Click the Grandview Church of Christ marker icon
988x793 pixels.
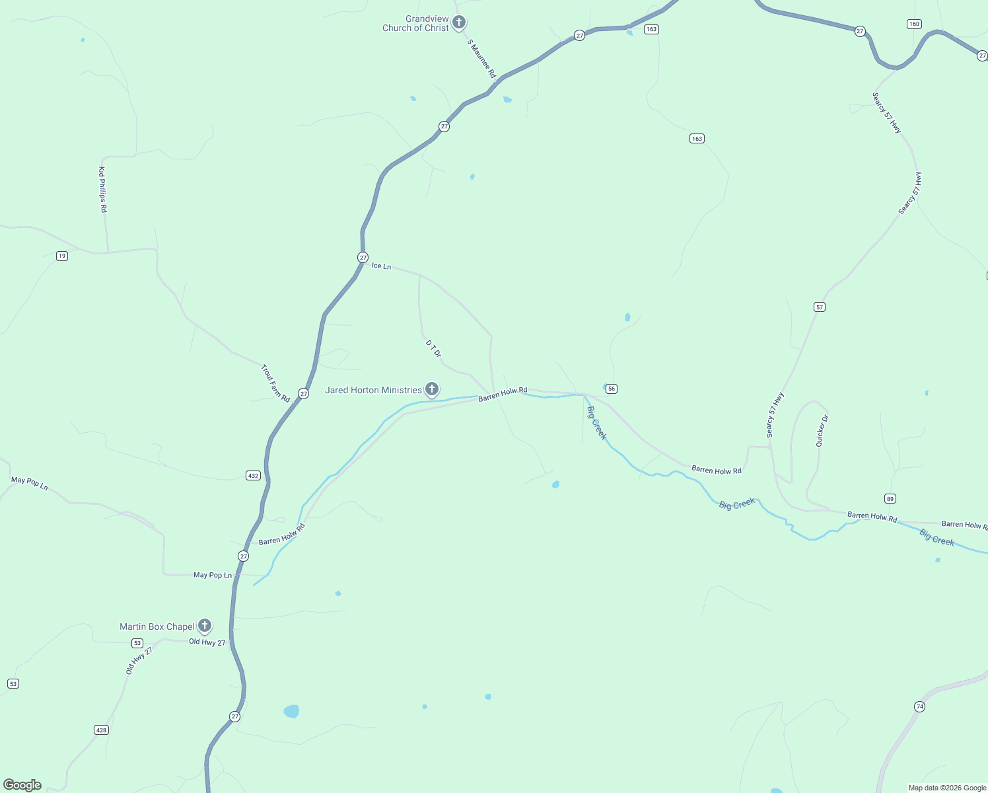coord(459,22)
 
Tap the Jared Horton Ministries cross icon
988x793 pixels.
coord(431,389)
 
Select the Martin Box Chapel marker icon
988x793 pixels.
coord(205,625)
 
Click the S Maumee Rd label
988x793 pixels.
coord(481,59)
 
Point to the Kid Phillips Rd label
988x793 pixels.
coord(102,190)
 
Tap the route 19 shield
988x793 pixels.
coord(62,256)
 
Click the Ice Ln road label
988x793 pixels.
coord(381,266)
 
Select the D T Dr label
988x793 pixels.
coord(433,348)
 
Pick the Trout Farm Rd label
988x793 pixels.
coord(275,383)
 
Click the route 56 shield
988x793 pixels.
coord(612,389)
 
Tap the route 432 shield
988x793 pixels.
coord(253,475)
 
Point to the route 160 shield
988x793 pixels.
coord(914,24)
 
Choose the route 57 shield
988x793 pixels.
coord(820,307)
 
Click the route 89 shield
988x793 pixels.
coord(890,498)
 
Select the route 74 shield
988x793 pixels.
coord(919,706)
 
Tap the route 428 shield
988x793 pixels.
coord(101,730)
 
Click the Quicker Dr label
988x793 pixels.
coord(822,431)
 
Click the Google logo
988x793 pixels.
coord(22,785)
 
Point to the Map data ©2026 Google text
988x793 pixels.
coord(947,788)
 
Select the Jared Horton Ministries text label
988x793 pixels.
coord(373,390)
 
